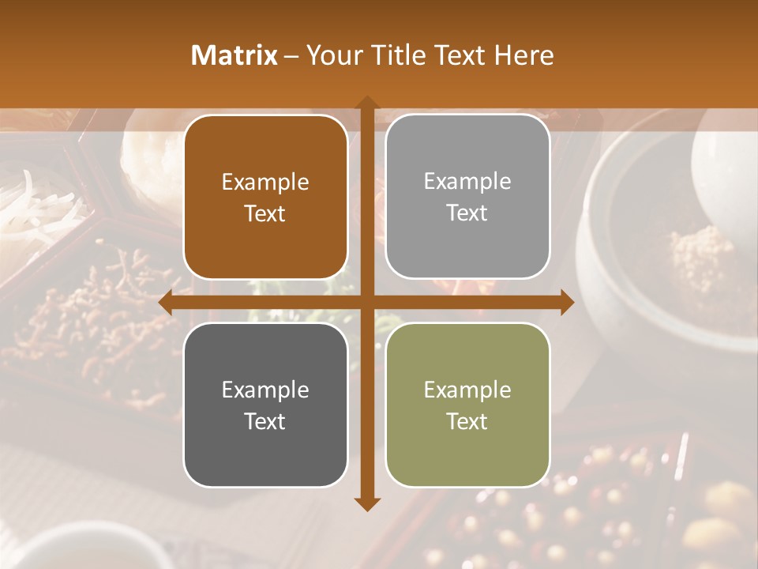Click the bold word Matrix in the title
click(x=235, y=55)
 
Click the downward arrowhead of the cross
click(x=366, y=503)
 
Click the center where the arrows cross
click(x=366, y=302)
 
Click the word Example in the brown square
click(x=265, y=183)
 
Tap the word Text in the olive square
click(x=467, y=421)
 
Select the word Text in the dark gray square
click(x=265, y=421)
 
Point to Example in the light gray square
click(x=467, y=182)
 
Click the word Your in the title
click(x=332, y=55)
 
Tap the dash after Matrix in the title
click(x=291, y=56)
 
